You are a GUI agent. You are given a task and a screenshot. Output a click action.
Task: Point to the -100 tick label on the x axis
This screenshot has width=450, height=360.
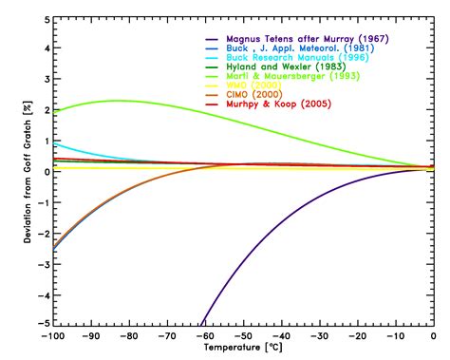(x=51, y=337)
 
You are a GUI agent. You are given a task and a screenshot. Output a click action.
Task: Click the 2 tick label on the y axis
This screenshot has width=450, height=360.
(x=42, y=109)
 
